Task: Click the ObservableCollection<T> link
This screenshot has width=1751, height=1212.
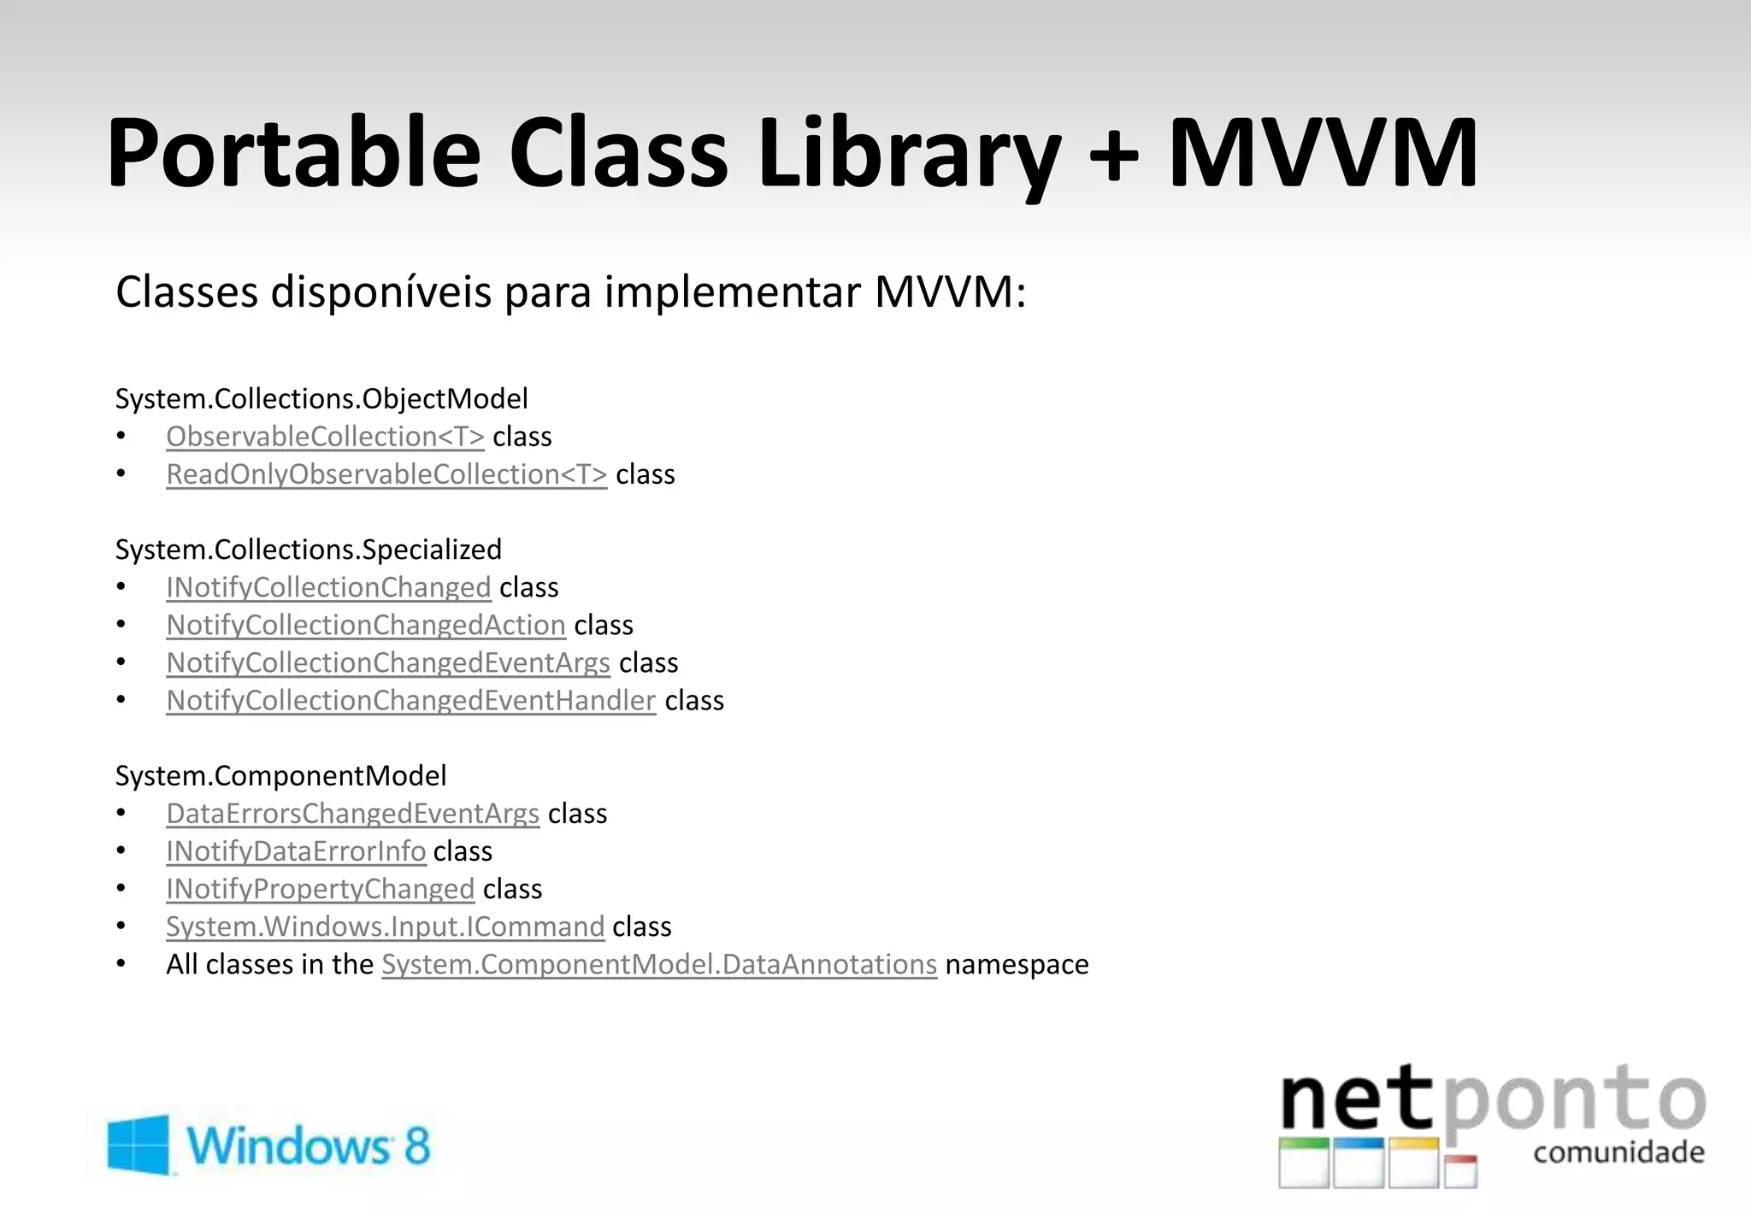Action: point(325,437)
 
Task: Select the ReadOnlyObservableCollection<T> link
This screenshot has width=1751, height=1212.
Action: point(386,474)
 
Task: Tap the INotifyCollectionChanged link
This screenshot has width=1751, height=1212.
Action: point(328,588)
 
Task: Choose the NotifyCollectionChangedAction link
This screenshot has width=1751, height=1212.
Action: point(366,626)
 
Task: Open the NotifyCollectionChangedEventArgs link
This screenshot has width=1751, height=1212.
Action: point(388,663)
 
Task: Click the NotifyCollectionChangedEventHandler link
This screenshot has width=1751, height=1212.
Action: point(410,701)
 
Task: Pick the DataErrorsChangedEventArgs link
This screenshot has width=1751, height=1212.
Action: point(352,814)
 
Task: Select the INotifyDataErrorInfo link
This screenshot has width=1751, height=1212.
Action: point(296,851)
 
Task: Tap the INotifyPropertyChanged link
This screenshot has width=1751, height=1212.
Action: point(320,889)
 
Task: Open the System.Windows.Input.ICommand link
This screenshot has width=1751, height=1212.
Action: point(385,927)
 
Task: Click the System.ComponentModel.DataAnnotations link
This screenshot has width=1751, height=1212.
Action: point(659,964)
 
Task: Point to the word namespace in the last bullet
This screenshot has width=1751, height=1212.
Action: point(1017,965)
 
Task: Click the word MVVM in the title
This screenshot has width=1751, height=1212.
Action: point(1323,154)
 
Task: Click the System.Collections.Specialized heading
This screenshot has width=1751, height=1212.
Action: point(309,550)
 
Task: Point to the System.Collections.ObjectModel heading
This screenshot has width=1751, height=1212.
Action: point(321,399)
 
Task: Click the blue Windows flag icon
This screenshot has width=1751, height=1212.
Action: point(138,1144)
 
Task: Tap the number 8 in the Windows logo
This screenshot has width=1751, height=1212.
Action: point(416,1145)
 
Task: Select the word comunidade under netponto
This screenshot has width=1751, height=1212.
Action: point(1618,1153)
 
